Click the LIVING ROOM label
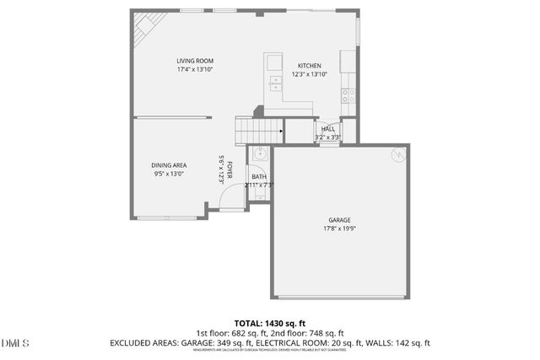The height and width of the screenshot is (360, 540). coord(195,61)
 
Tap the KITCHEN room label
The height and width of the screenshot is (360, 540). coord(308,66)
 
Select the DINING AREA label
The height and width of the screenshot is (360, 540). coord(169,165)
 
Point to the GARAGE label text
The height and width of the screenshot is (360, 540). coord(340,220)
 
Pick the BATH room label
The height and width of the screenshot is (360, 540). coord(258,176)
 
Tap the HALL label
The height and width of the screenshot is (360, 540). coord(327,129)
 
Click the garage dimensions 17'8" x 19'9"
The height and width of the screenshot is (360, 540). coord(340,228)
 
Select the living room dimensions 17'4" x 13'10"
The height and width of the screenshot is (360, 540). coord(195,70)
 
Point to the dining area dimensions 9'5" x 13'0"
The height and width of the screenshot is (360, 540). coord(169,175)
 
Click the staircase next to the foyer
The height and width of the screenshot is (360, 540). coord(256,132)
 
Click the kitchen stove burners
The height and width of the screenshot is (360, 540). coord(347,94)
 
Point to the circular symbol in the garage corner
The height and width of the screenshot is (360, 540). coord(398,155)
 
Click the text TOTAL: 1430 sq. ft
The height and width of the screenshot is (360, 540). coord(270,323)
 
